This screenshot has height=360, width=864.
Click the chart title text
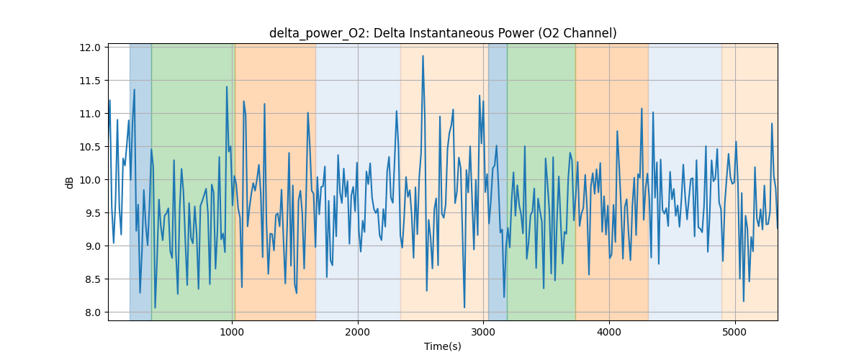pyautogui.click(x=443, y=33)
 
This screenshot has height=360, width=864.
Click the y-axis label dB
pyautogui.click(x=70, y=182)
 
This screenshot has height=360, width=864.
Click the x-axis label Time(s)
pyautogui.click(x=443, y=346)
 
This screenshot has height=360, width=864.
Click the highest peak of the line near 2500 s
pyautogui.click(x=423, y=55)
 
